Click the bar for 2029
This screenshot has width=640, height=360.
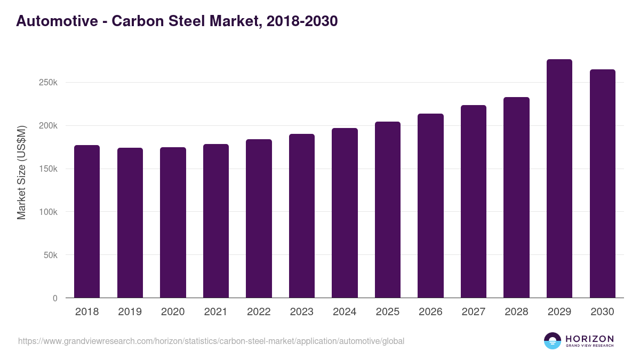coord(559,179)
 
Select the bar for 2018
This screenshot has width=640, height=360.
coord(87,221)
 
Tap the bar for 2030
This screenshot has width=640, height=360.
coord(602,183)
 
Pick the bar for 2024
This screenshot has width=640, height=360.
coord(345,213)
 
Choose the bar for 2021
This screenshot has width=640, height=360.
coord(216,221)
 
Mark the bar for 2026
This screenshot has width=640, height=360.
coord(430,206)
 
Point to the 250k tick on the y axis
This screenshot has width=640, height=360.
coord(47,83)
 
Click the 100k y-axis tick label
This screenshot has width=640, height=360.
coord(47,212)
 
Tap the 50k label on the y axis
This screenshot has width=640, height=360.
coord(50,255)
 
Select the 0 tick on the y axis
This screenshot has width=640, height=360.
coord(55,298)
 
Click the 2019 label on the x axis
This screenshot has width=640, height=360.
coord(130,312)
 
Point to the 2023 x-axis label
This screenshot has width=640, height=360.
coord(302,312)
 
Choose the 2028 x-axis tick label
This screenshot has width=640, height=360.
coord(516,312)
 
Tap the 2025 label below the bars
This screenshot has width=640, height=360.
coord(388,312)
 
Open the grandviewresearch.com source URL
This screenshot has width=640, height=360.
coord(211,341)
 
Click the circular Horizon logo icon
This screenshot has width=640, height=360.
coord(552,341)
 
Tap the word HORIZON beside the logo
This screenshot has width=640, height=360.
coord(589,338)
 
